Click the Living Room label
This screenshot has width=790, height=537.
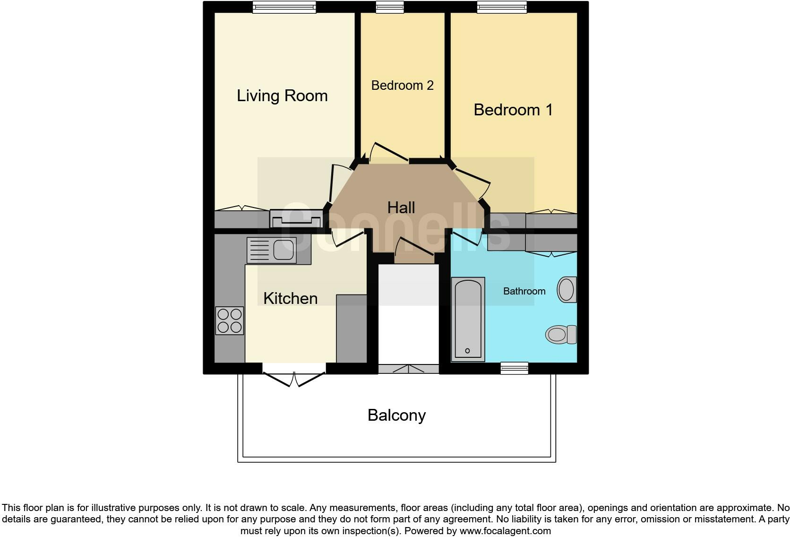point(282,96)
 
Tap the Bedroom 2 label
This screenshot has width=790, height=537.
point(402,86)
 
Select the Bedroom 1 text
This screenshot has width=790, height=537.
point(513,110)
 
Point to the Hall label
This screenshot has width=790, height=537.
point(401,208)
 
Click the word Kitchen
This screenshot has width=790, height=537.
point(290,298)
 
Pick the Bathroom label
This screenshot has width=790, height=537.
point(524,291)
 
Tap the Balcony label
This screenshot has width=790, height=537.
point(396,415)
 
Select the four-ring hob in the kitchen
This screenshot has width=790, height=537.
point(230,320)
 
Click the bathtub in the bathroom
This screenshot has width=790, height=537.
point(468,319)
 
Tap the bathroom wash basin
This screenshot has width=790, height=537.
point(567,289)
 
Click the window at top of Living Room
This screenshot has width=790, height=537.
point(284,7)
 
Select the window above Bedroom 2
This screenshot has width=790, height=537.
point(390,7)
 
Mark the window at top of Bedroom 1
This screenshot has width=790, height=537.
point(502,7)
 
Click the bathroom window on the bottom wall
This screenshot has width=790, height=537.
point(514,368)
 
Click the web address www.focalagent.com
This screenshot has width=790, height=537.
point(505,531)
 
